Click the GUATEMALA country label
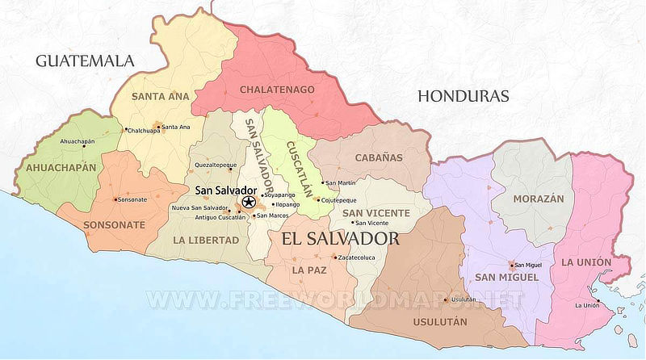[85, 61]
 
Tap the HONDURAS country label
[464, 96]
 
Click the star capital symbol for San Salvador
[249, 201]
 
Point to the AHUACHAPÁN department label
[61, 168]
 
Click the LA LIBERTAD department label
[206, 240]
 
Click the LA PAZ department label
[309, 269]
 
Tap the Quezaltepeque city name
[216, 165]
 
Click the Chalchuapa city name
[141, 130]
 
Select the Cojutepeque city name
[340, 200]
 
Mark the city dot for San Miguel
[512, 265]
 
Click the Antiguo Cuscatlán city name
[208, 217]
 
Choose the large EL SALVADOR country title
[340, 240]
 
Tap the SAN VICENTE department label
[376, 213]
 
